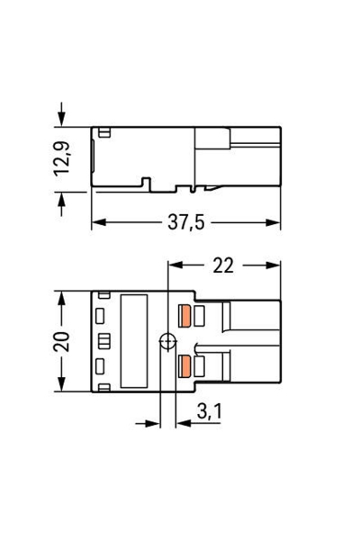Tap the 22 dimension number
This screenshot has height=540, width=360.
[x=222, y=265]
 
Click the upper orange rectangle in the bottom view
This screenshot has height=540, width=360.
[x=187, y=317]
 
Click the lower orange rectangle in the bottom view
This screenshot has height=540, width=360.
[x=187, y=365]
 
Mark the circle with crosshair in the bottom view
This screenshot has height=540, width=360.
[x=165, y=341]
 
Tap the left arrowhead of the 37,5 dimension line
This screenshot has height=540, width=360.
[x=97, y=223]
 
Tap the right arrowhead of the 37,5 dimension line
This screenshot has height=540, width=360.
[x=275, y=223]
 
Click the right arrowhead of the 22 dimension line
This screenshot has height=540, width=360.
[x=275, y=265]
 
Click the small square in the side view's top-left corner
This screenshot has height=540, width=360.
[x=104, y=134]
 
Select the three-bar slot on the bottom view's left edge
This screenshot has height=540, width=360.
[x=102, y=340]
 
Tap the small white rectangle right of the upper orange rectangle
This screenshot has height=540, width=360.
[x=202, y=317]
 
